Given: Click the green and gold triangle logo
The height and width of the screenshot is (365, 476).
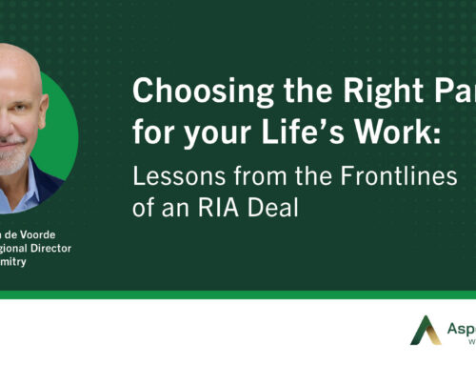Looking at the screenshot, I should (x=426, y=330).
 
